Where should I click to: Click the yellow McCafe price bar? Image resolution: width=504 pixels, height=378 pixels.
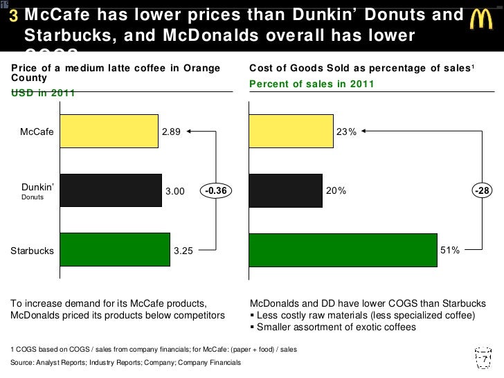(109, 132)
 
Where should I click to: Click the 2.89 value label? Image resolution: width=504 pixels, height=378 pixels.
(171, 132)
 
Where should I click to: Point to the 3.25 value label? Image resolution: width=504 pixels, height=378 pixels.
(183, 251)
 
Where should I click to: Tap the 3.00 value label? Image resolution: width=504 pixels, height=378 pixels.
(175, 191)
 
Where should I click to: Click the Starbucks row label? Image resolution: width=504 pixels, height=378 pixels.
(32, 251)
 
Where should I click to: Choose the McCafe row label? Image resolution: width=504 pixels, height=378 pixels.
(37, 132)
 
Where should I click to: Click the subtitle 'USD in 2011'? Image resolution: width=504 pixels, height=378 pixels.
(44, 93)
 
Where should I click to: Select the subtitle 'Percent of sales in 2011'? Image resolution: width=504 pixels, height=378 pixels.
(312, 84)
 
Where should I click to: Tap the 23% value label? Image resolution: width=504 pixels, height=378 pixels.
(346, 132)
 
